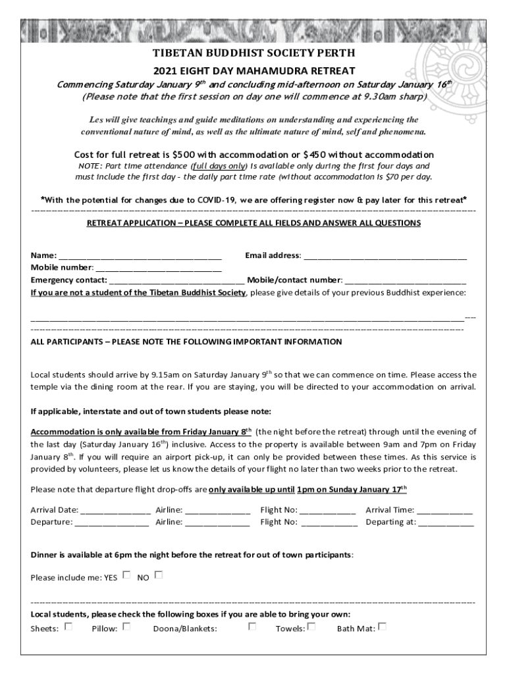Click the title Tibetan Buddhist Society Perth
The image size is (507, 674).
point(254,53)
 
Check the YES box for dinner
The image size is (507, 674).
point(126,575)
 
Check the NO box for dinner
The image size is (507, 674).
point(158,575)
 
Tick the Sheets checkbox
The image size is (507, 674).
point(68,627)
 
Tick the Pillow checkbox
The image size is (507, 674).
point(126,627)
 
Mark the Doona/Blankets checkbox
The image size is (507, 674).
point(252,627)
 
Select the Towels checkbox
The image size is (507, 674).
point(311,627)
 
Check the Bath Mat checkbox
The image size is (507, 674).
point(382,627)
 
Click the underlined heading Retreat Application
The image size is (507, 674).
point(254,223)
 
